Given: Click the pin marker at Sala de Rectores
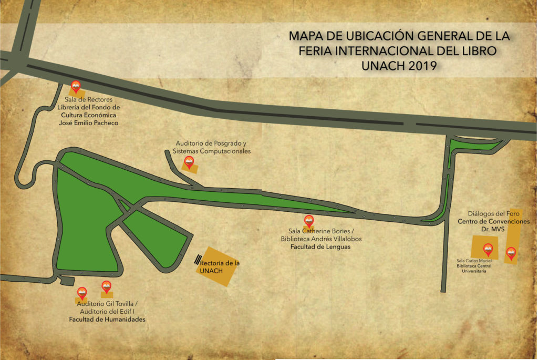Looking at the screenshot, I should [76, 87].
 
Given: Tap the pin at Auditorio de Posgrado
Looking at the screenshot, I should [189, 162].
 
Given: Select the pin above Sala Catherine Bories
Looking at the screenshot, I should [309, 221].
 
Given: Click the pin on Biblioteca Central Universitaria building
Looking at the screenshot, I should [488, 249].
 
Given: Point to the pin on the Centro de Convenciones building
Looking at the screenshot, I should [511, 254].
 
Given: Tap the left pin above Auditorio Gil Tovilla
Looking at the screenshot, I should [82, 293].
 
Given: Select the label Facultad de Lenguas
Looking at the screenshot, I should [320, 246].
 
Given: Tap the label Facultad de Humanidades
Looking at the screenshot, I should [107, 319].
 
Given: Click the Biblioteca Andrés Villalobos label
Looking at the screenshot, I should [320, 239].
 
